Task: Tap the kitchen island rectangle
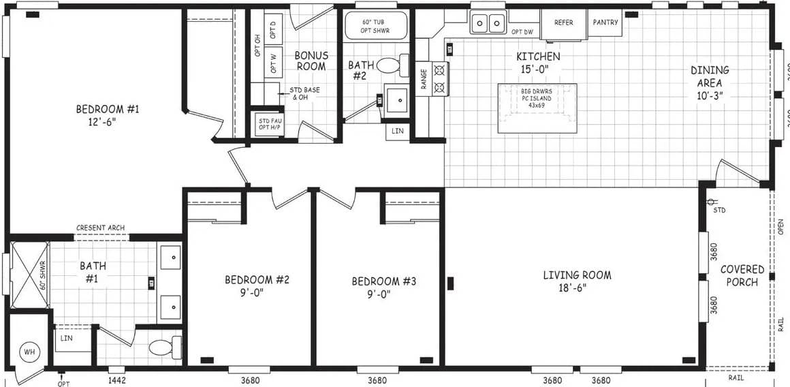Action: pos(537,108)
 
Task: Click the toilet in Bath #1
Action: pos(164,347)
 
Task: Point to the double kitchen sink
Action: pos(488,23)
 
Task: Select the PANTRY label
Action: pos(605,22)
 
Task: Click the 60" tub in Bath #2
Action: pos(375,25)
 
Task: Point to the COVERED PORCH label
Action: pos(742,276)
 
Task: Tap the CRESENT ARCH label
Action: pos(101,228)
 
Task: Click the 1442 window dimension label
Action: pos(116,380)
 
